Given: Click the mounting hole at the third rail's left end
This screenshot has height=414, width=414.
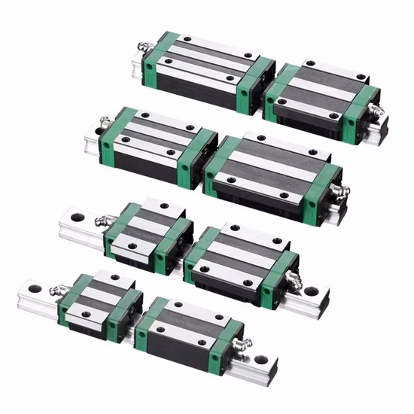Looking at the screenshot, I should (x=75, y=221).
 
